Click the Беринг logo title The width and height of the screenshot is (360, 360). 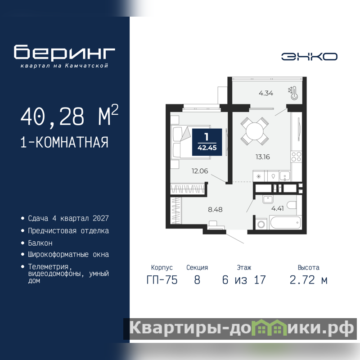[x=64, y=52]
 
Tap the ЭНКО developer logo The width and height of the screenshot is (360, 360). [x=309, y=57]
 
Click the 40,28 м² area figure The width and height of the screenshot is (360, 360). [x=69, y=116]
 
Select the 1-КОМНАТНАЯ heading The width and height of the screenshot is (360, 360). [x=64, y=142]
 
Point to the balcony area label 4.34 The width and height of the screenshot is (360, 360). [x=266, y=93]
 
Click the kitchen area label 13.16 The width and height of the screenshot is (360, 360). [x=263, y=157]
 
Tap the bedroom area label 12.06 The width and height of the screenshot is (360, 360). [x=200, y=171]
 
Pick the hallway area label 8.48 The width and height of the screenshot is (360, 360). [x=215, y=209]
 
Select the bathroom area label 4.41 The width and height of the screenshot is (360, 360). [x=277, y=208]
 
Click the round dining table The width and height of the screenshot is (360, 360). [x=255, y=131]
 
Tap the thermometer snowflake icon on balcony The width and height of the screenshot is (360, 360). [x=293, y=93]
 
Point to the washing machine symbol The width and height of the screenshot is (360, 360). [x=261, y=224]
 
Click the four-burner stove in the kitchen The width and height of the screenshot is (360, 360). [x=296, y=157]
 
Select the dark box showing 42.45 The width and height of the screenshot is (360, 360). [x=207, y=142]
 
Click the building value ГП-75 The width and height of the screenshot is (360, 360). [x=162, y=280]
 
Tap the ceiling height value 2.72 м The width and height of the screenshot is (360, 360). [x=308, y=280]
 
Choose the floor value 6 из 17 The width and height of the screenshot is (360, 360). [x=244, y=280]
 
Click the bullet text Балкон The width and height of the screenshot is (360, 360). [x=40, y=243]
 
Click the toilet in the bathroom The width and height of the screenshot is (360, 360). [x=293, y=205]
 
